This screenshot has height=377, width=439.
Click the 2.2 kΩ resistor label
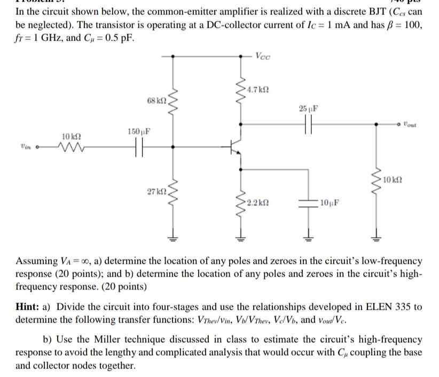[255, 203]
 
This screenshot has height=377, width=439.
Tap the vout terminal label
[410, 124]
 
